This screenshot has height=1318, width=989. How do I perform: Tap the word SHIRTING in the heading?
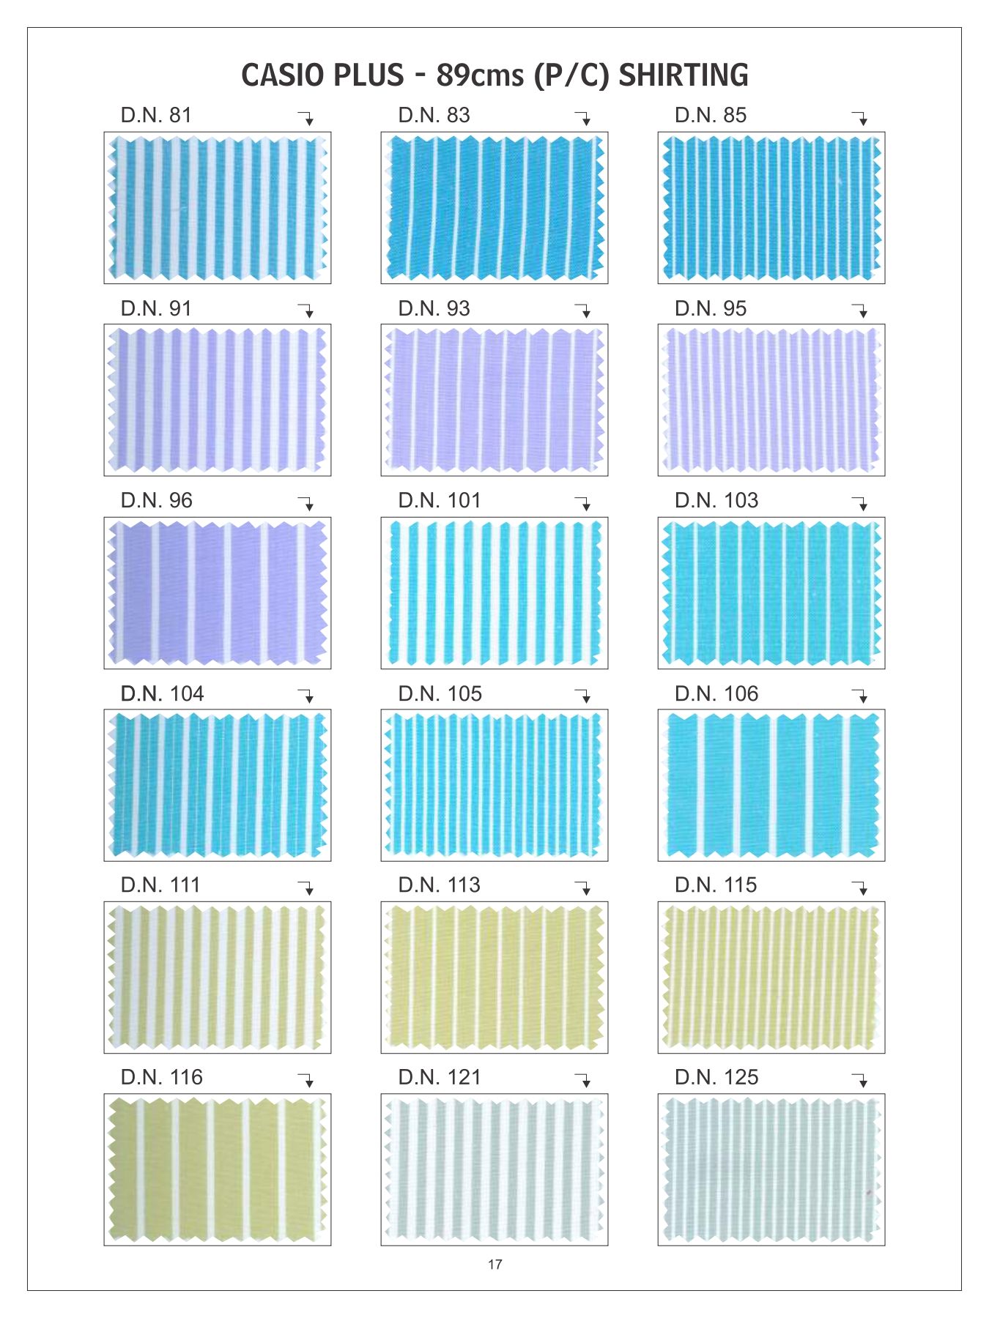click(x=684, y=75)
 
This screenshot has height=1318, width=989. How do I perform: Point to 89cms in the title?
click(x=480, y=75)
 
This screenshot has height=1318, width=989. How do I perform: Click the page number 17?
click(x=494, y=1264)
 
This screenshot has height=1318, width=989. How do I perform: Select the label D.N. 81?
click(x=156, y=116)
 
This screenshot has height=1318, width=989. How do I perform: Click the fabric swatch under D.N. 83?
click(x=494, y=208)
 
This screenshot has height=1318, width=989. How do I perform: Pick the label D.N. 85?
click(x=711, y=116)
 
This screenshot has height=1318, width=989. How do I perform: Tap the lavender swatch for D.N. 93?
click(x=494, y=400)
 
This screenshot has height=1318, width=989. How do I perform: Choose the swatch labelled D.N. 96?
click(x=218, y=592)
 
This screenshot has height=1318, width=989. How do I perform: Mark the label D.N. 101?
click(x=440, y=501)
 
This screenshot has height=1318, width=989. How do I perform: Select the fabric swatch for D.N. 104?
click(x=218, y=785)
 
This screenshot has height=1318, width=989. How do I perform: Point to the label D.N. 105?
click(x=440, y=694)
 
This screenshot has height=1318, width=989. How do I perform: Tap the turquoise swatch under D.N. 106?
click(x=771, y=785)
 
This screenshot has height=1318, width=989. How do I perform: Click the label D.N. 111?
click(x=160, y=885)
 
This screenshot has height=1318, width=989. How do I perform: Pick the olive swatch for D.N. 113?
click(x=494, y=978)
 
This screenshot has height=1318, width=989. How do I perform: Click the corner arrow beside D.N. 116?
click(x=307, y=1080)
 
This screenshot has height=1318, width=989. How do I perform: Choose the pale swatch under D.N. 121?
click(x=494, y=1169)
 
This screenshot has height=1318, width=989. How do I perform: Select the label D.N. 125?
click(x=716, y=1078)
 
